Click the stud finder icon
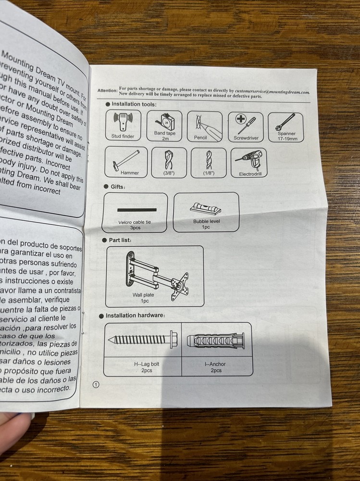coord(123,122)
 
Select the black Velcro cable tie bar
coord(137,210)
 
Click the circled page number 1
coord(96,384)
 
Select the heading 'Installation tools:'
coord(134,104)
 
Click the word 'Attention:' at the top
coord(107,90)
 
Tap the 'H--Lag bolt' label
coord(146,364)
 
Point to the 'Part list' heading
coord(120,240)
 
